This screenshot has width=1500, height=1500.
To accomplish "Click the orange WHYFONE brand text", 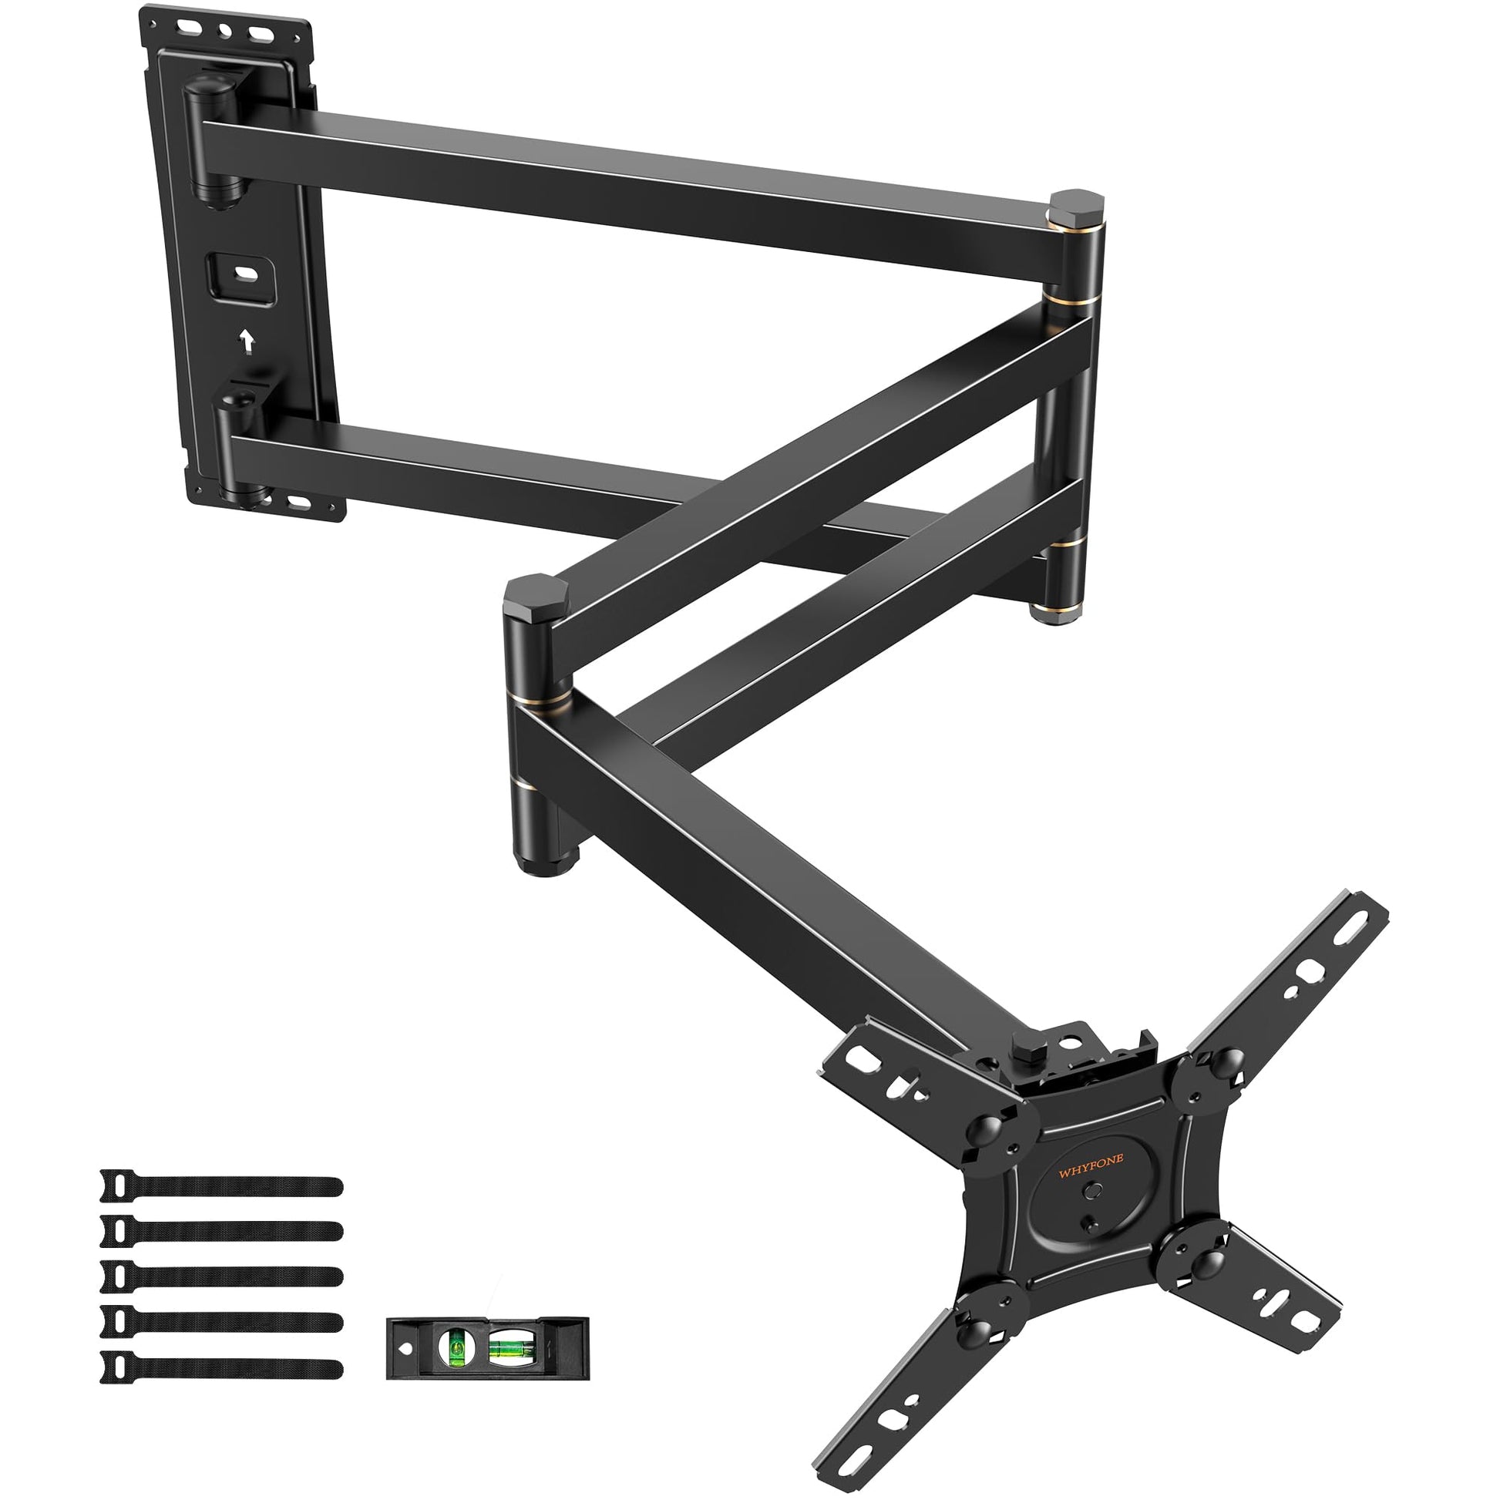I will click(x=1085, y=1173).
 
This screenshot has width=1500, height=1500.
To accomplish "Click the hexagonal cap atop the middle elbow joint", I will click(x=535, y=594).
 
